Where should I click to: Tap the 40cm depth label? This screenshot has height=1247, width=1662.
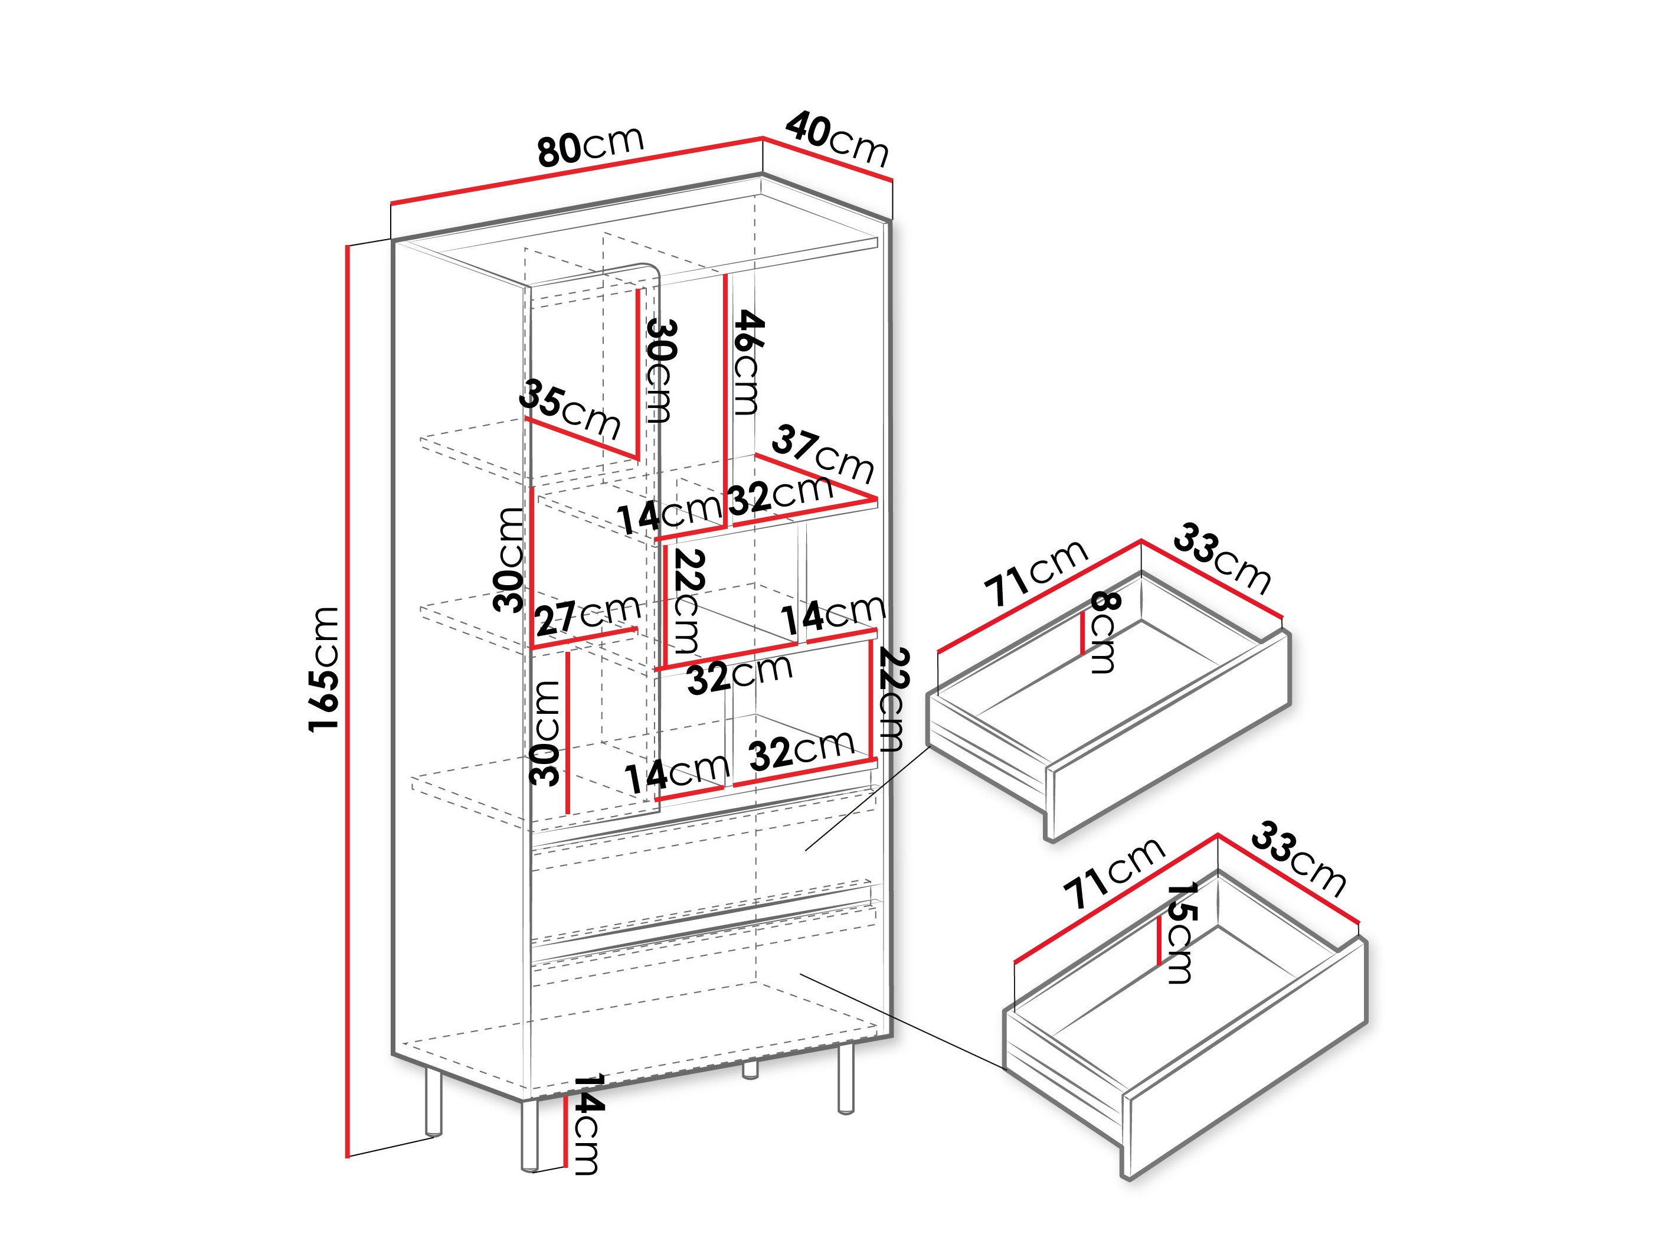pos(837,139)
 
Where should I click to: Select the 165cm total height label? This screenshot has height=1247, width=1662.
pos(324,668)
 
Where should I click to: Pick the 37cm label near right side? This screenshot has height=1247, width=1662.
pos(823,453)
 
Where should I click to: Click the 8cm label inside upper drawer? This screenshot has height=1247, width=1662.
pos(1104,632)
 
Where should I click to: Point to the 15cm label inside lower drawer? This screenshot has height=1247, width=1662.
pos(1180,933)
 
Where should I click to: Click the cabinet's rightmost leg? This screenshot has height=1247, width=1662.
pos(846,1079)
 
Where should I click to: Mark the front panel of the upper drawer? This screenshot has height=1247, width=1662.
pos(1169,767)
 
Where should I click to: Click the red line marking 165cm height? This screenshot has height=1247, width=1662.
pos(348,699)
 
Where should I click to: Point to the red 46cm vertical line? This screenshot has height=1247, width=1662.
pos(726,391)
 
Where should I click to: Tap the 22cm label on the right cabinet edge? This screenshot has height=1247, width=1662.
pos(892,699)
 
